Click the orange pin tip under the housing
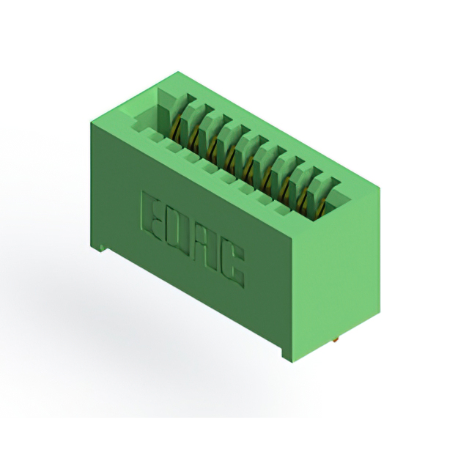pos(336,339)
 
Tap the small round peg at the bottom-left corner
pos(103,248)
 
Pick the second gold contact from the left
pos(194,137)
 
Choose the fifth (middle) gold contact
pos(248,168)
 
